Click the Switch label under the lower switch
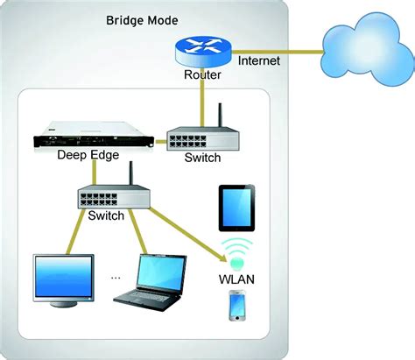tap(107, 216)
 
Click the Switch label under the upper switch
tap(202, 159)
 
